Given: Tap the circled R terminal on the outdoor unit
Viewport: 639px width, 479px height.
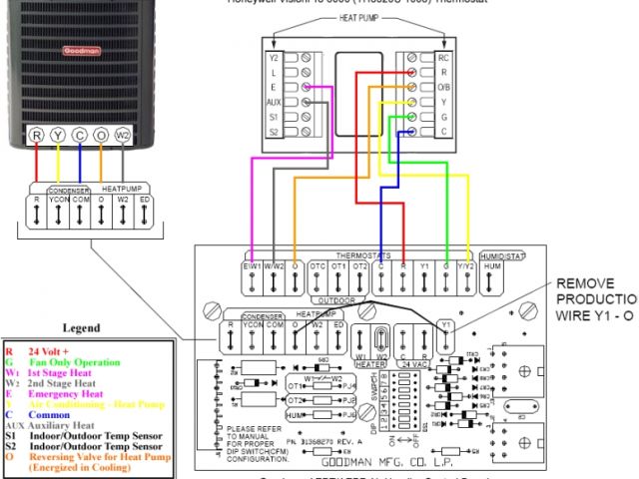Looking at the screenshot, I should point(36,135).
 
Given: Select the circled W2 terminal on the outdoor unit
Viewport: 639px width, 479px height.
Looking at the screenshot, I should point(123,135).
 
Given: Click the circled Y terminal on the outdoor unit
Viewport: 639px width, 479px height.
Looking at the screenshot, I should point(58,135).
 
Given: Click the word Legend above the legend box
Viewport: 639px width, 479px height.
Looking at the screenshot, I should point(82,327).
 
